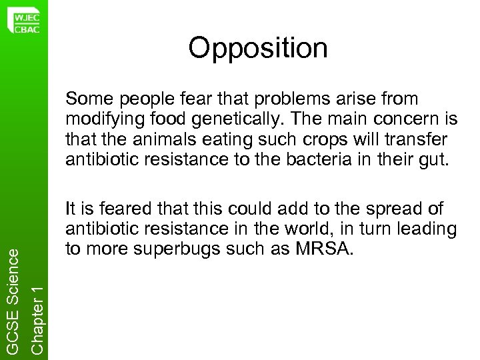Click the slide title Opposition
coord(257,49)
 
